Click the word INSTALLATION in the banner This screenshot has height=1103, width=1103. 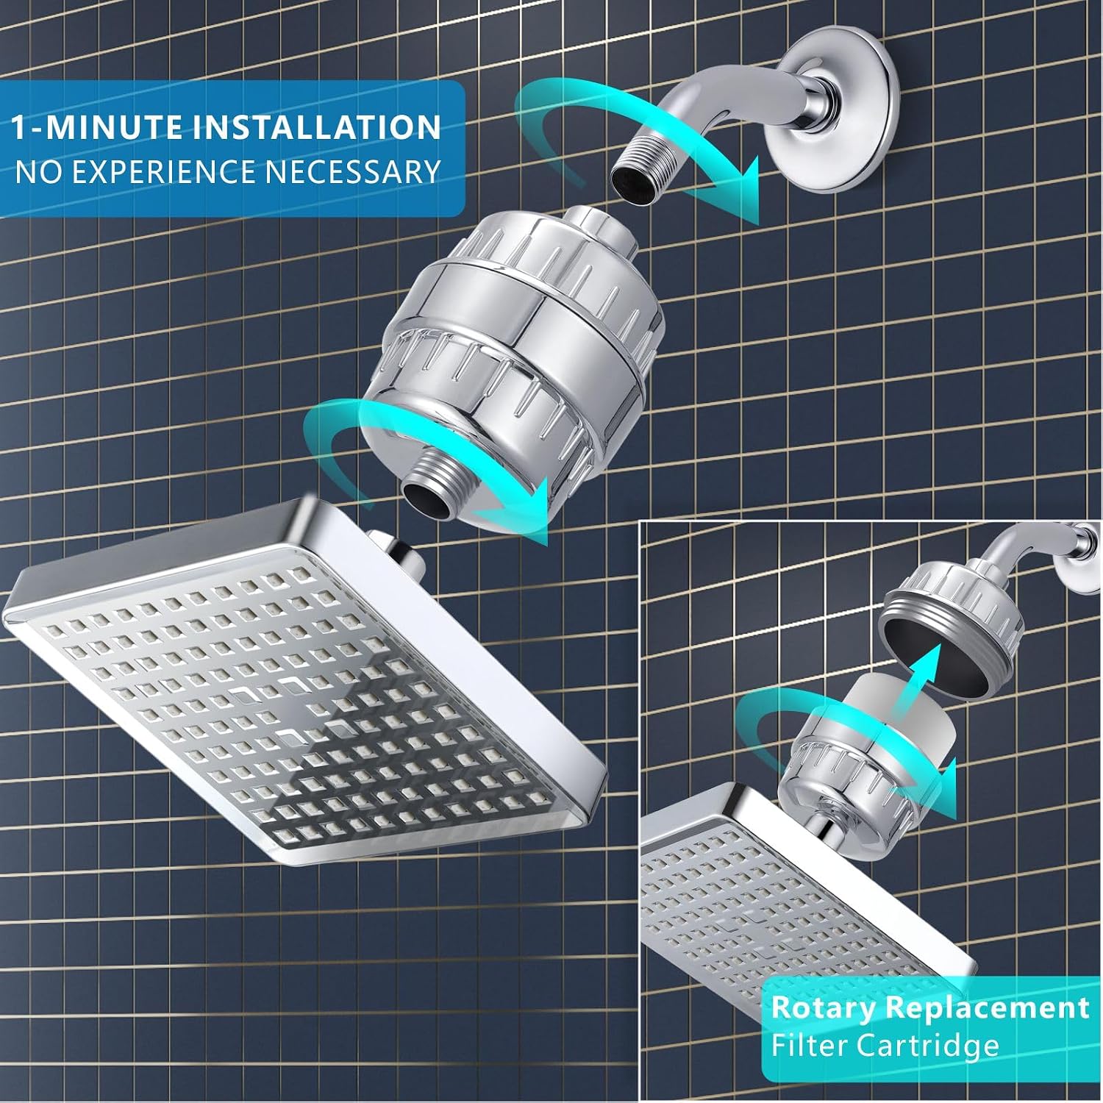pos(318,126)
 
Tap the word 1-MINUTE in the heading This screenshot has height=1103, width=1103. pos(99,126)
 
